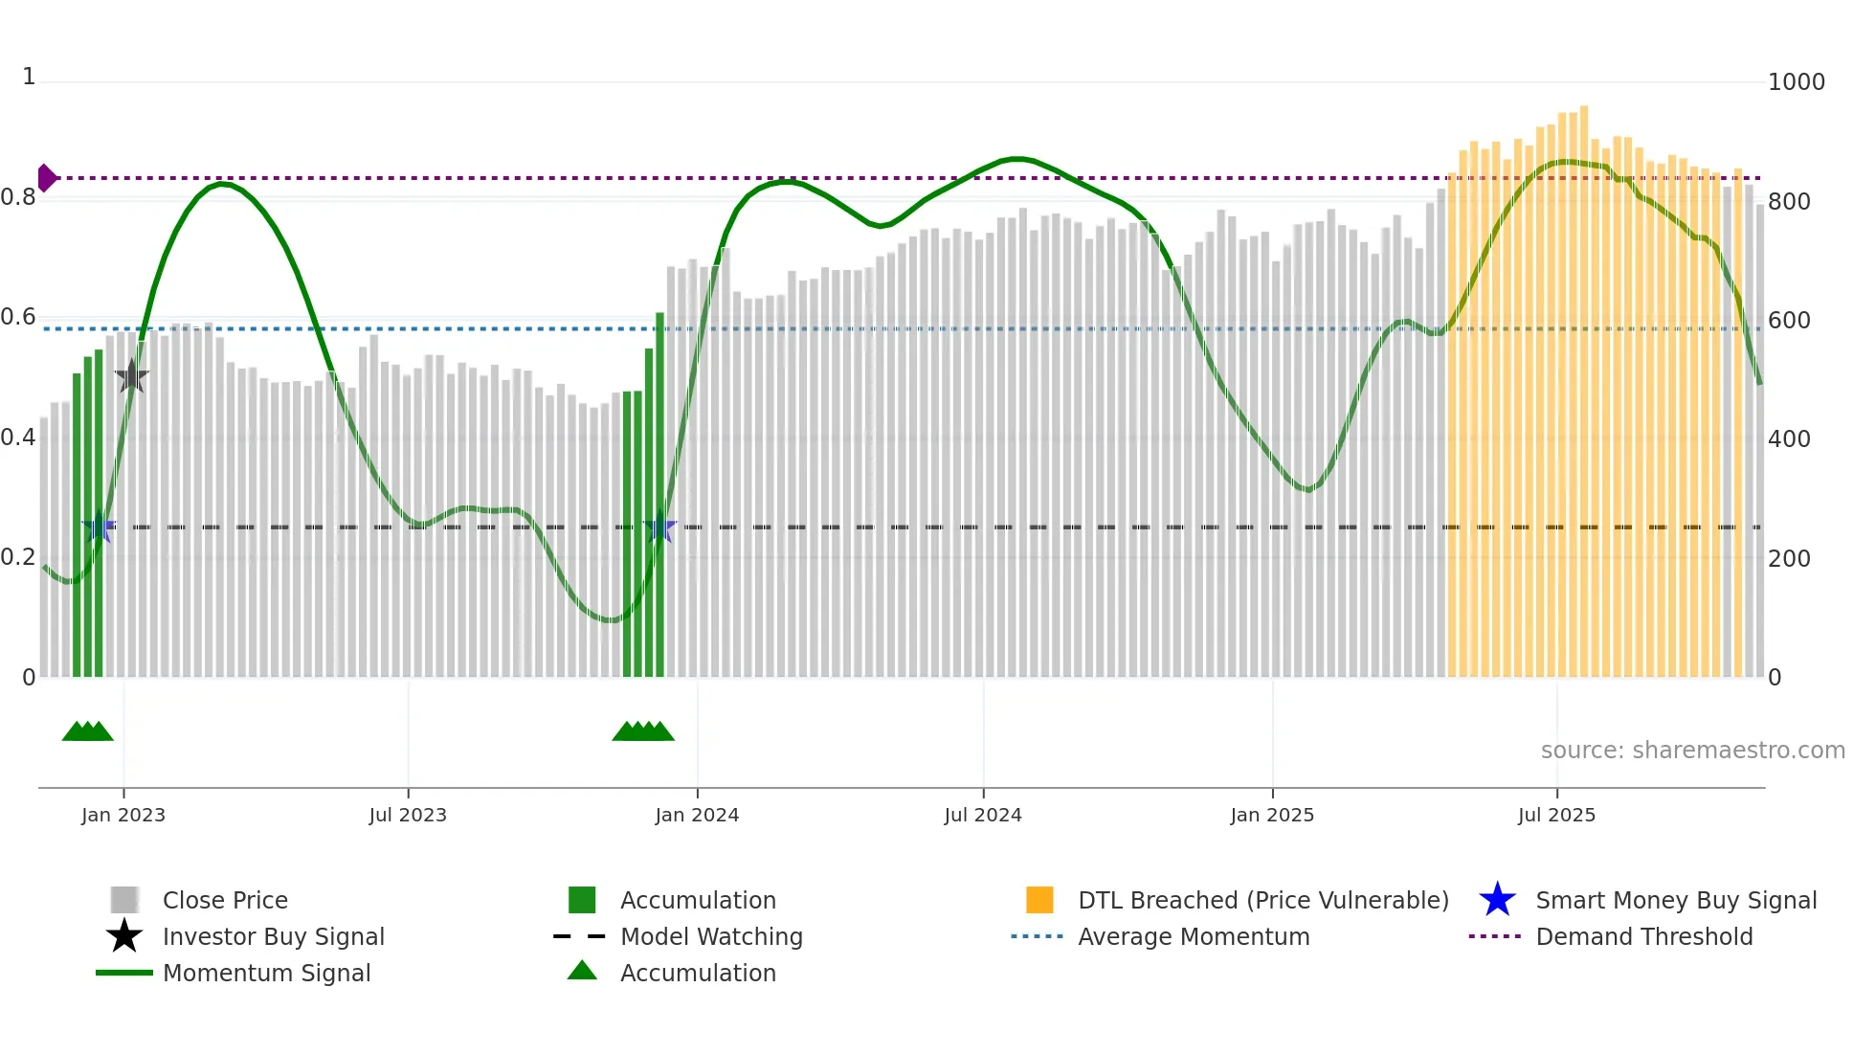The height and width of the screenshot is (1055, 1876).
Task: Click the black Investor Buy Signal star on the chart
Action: coord(131,376)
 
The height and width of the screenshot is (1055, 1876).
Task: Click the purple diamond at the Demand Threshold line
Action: coord(46,178)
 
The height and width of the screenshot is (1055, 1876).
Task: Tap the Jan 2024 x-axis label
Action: coord(697,815)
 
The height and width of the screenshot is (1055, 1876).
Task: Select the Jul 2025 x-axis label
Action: coord(1556,815)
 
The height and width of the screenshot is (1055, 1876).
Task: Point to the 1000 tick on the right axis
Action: coord(1796,82)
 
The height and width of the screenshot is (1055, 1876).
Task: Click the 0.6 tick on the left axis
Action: coord(18,317)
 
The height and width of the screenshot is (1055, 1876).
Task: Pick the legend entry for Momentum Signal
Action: coord(266,973)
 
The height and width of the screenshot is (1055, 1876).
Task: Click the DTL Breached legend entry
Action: coord(1262,900)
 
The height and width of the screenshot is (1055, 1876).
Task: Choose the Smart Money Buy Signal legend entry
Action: coord(1675,900)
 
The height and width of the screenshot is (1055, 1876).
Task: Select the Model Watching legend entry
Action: coord(710,936)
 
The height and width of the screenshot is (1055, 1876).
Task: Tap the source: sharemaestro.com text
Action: coord(1692,751)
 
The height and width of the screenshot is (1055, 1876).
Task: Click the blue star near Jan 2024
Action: coord(659,527)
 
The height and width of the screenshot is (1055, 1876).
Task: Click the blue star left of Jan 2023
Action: coord(99,527)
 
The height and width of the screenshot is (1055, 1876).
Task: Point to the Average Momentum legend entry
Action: coord(1193,936)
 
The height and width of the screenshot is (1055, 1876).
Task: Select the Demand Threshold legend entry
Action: coord(1643,936)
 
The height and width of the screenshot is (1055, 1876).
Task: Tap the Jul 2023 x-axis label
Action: coord(408,815)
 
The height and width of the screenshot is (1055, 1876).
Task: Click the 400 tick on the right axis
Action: coord(1789,439)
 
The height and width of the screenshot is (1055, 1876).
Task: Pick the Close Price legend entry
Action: coord(224,900)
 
